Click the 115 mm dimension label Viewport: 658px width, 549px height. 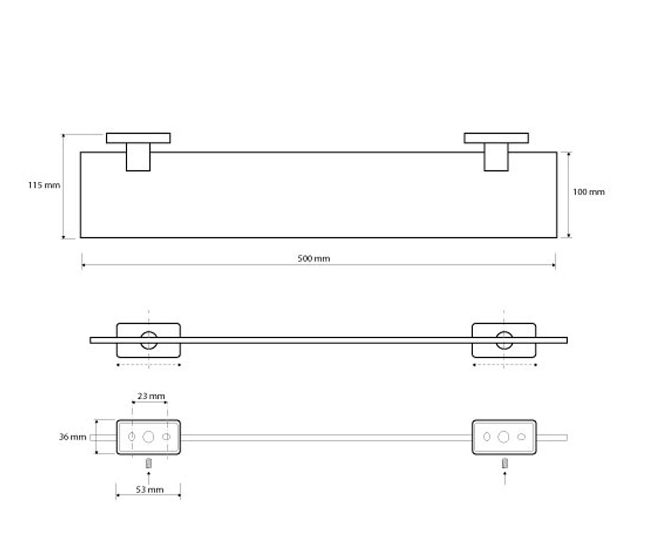tap(44, 185)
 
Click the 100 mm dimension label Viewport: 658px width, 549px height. tap(588, 192)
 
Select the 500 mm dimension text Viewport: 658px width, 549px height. tap(314, 259)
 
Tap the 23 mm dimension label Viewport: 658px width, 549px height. tap(151, 396)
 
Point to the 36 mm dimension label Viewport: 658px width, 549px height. tap(72, 437)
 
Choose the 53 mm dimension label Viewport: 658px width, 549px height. tap(150, 490)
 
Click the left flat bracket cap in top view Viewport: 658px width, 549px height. tap(138, 138)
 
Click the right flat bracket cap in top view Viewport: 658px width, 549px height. tap(496, 138)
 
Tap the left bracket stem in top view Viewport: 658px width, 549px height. tap(138, 157)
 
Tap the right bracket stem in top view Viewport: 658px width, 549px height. tap(496, 157)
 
